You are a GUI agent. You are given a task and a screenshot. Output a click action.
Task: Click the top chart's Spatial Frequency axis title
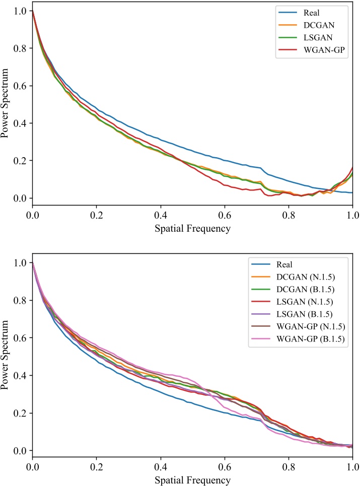[x=192, y=228]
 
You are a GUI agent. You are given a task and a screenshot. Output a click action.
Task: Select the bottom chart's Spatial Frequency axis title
[x=192, y=480]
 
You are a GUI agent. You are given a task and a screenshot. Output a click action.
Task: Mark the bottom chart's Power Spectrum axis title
[x=7, y=357]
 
